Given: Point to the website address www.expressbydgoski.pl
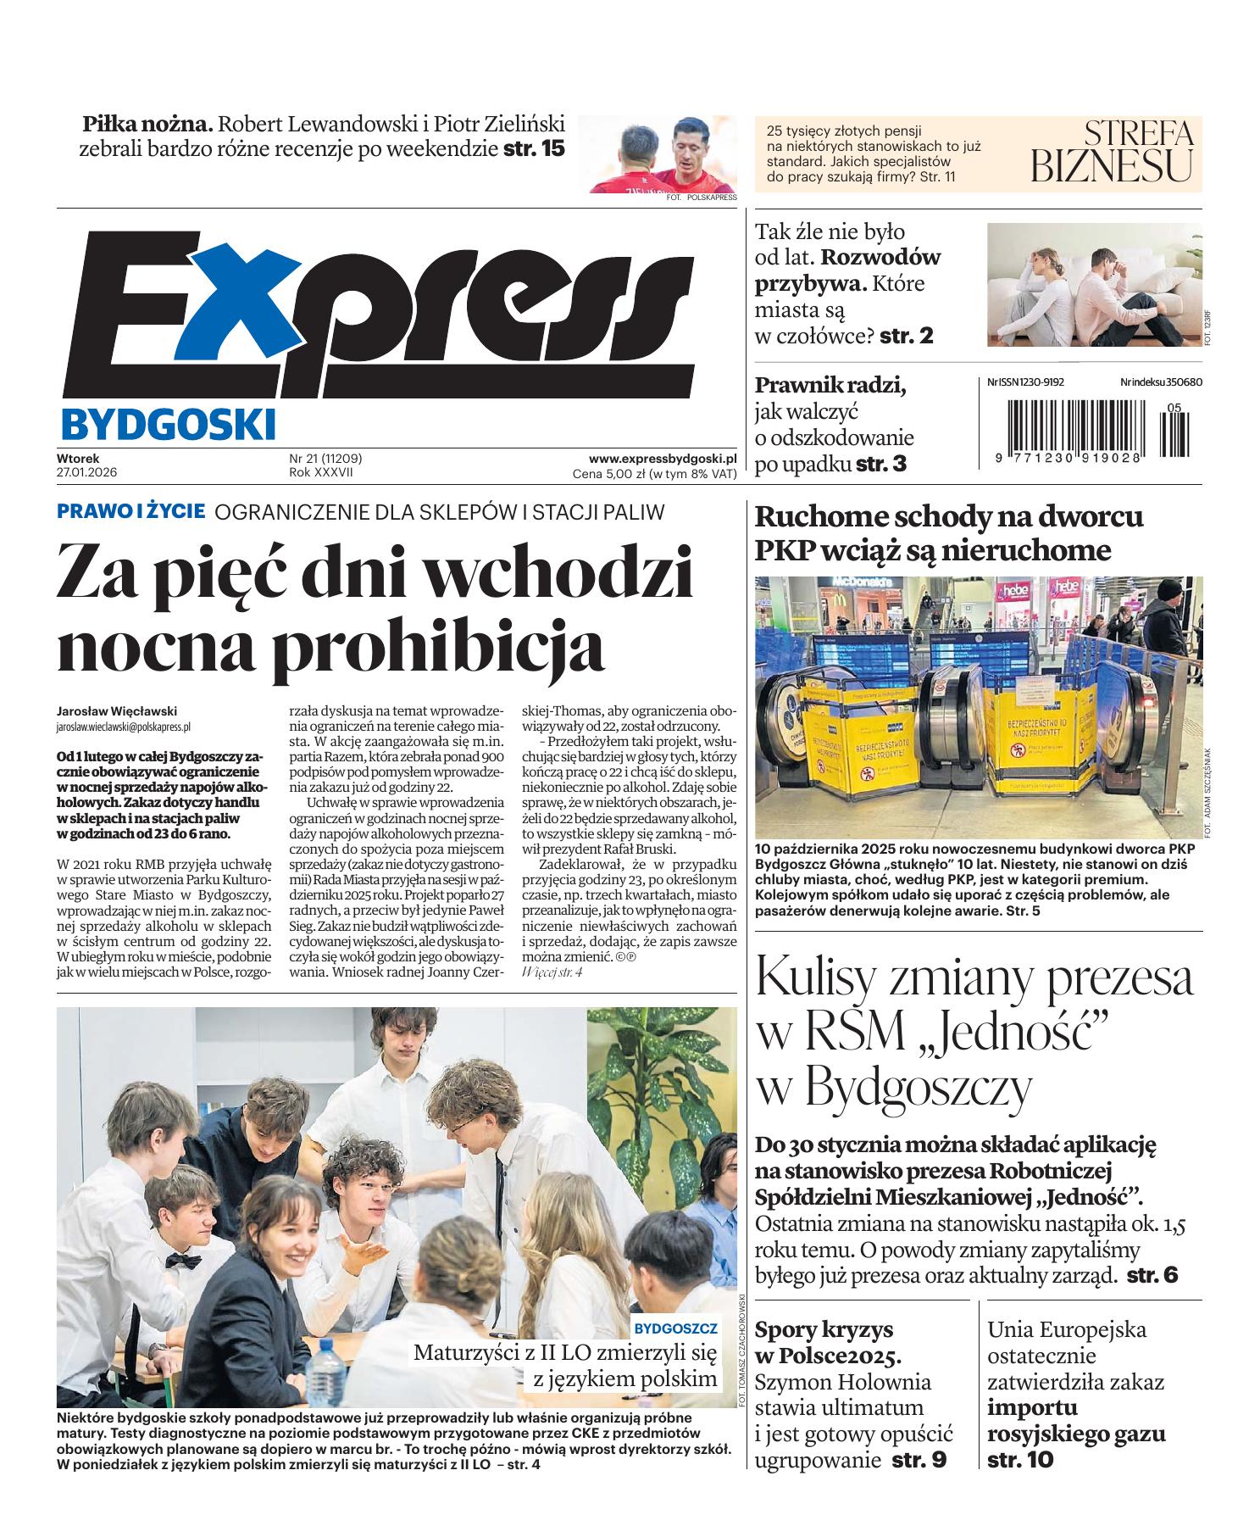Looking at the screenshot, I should click(663, 457).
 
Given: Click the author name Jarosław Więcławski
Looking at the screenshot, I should click(117, 711).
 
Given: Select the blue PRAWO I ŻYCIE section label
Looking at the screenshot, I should click(130, 511).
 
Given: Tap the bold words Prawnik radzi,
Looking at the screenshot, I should click(830, 386).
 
